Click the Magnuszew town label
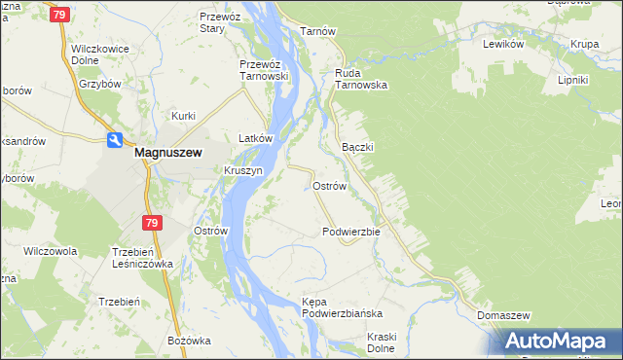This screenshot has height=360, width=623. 167,152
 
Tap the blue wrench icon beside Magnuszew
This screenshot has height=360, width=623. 114,140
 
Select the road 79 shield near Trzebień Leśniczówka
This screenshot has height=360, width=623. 151,224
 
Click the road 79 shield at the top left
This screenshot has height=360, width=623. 60,16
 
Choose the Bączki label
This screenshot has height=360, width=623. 358,147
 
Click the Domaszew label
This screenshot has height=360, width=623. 503,316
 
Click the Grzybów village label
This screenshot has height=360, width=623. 98,84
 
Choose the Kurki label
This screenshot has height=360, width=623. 184,117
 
